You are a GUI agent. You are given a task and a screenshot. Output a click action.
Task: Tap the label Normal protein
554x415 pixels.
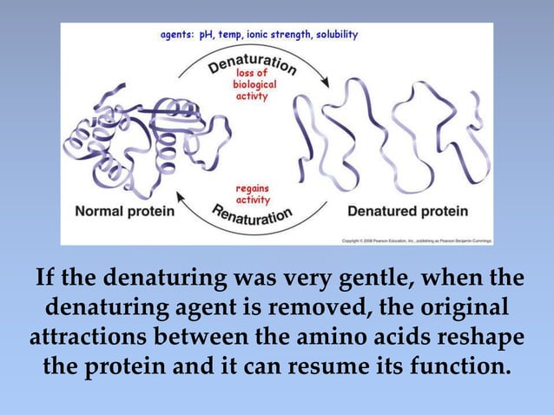pyautogui.click(x=125, y=211)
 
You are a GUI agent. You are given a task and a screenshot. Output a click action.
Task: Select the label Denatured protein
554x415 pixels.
pyautogui.click(x=407, y=211)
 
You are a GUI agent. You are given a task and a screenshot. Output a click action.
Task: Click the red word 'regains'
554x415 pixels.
pyautogui.click(x=252, y=188)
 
